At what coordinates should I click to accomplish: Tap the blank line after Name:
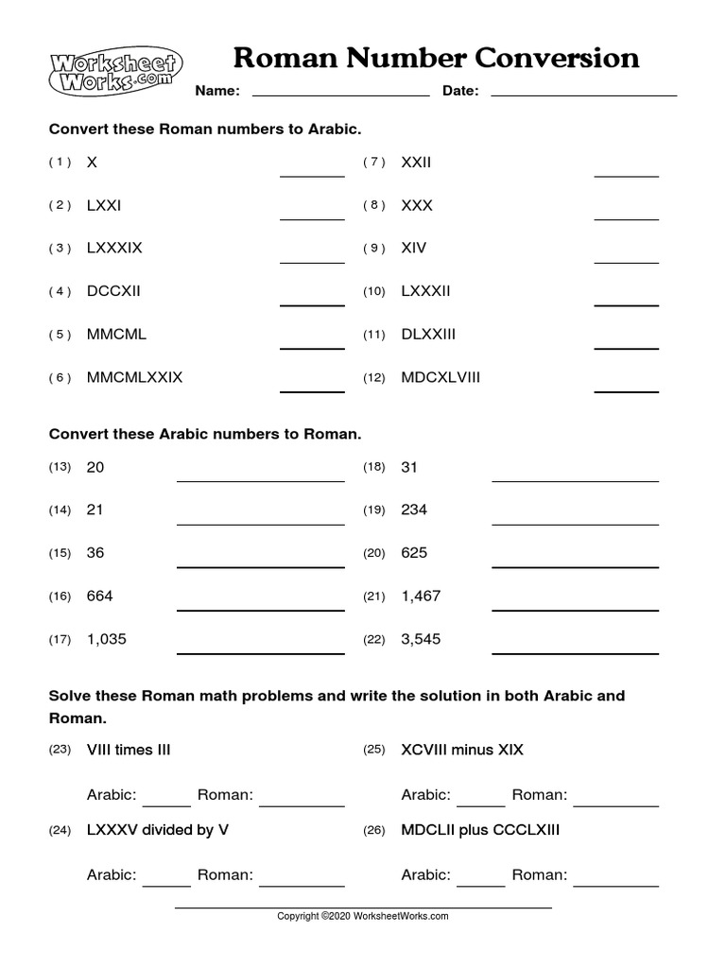click(x=340, y=93)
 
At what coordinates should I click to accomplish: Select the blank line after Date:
click(x=583, y=93)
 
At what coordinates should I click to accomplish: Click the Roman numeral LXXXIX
click(x=114, y=249)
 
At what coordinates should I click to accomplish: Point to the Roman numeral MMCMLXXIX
click(x=134, y=378)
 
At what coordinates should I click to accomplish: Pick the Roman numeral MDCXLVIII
click(x=441, y=378)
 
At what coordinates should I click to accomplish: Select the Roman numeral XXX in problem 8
click(x=417, y=205)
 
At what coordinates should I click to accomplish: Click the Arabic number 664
click(x=99, y=596)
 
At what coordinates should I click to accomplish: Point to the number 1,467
click(x=421, y=596)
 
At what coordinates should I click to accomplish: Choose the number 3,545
click(x=421, y=640)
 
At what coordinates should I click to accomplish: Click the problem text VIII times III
click(x=129, y=751)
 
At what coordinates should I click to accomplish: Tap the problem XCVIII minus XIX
click(x=462, y=751)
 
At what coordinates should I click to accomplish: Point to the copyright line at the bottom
click(x=362, y=916)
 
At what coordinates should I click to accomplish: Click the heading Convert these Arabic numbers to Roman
click(x=205, y=435)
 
